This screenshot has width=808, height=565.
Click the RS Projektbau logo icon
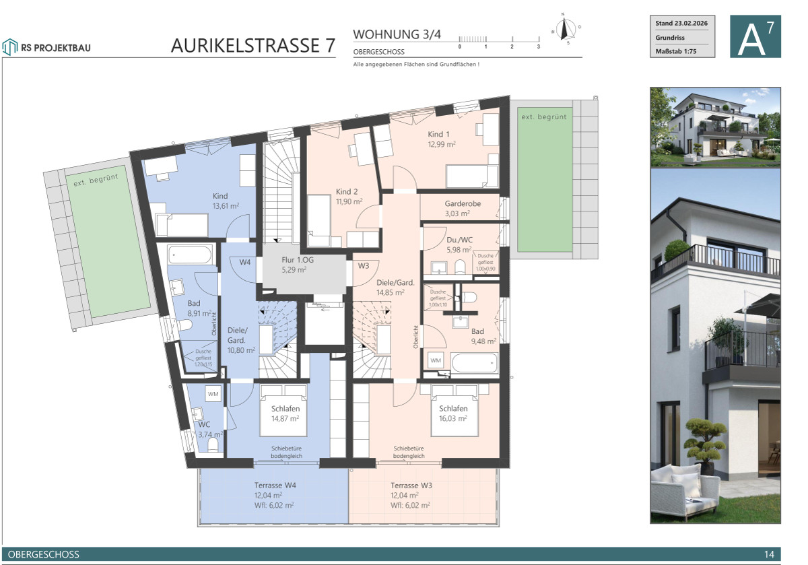[x=9, y=46]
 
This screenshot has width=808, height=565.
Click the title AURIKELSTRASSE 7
[x=252, y=45]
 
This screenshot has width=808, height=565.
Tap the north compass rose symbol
[x=565, y=29]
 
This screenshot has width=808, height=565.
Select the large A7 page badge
[x=755, y=37]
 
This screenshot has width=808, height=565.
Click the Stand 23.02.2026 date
[x=682, y=24]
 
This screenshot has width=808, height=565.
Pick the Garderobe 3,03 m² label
[x=461, y=207]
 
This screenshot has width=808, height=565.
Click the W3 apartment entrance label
[x=364, y=265]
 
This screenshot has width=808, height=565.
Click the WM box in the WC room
[x=213, y=394]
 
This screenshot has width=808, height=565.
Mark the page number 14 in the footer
[x=769, y=554]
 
